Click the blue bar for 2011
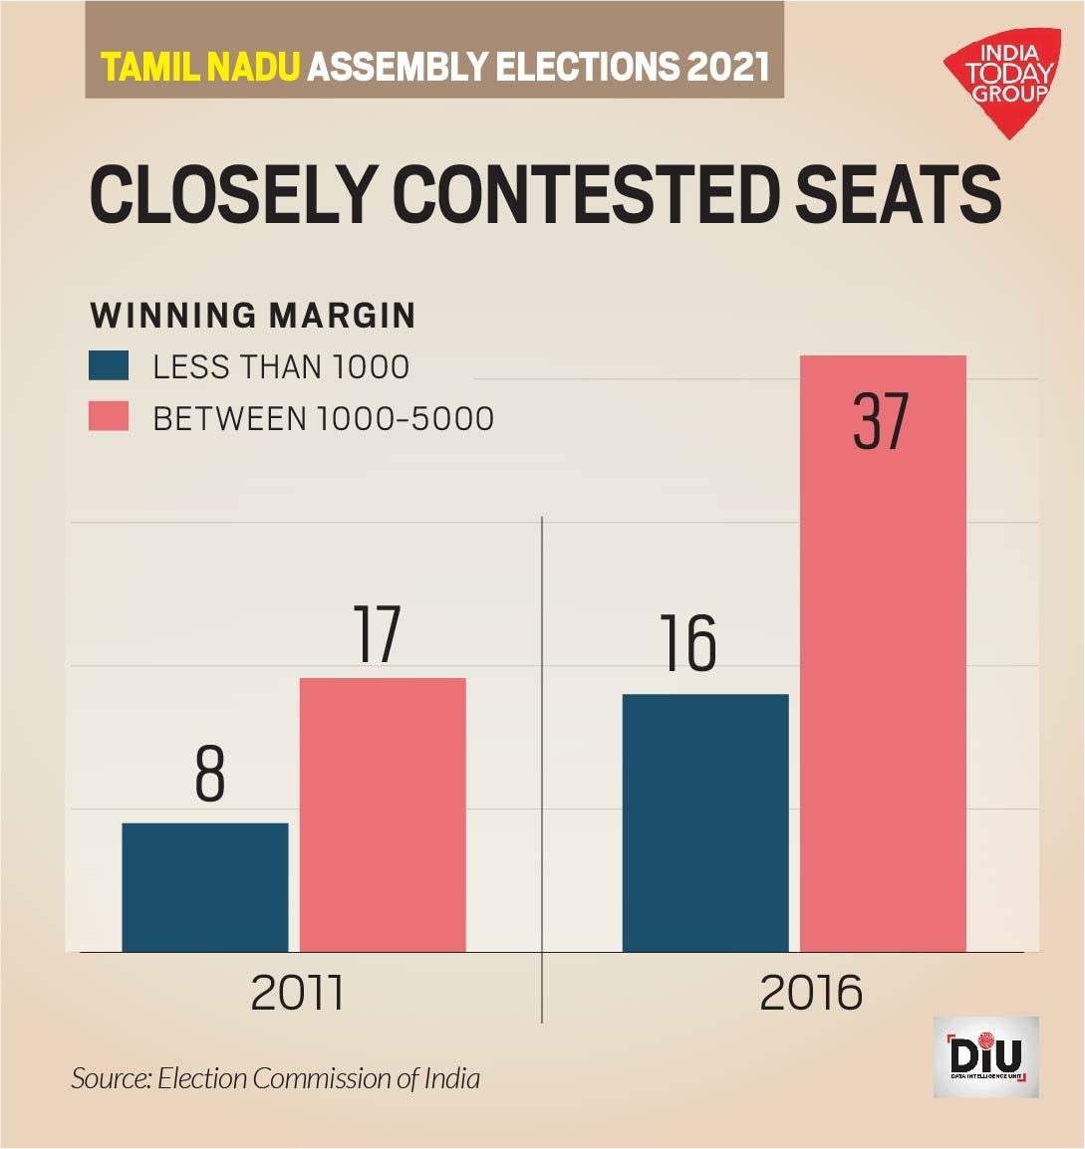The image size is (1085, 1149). (204, 887)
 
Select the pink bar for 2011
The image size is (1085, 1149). (383, 814)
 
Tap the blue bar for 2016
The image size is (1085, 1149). (705, 822)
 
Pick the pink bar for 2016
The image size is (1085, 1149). (883, 653)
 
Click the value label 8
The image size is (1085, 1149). (210, 774)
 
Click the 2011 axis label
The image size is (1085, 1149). (297, 993)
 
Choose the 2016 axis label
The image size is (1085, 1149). (811, 993)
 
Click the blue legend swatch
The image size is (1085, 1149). (109, 366)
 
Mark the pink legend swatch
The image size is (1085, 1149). (109, 417)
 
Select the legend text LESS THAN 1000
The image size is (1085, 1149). (281, 367)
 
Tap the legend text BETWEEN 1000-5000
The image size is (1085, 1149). (323, 418)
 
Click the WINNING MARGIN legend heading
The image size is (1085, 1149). (253, 316)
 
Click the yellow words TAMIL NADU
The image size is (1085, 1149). (200, 67)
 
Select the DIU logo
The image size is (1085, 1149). (985, 1057)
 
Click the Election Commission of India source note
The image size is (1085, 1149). (275, 1078)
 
